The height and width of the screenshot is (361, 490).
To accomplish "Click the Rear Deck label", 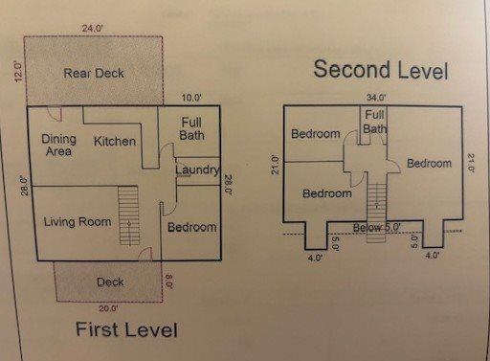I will click(94, 73).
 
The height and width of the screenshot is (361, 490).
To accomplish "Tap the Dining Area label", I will click(59, 146).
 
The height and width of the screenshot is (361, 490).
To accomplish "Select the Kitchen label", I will click(114, 142).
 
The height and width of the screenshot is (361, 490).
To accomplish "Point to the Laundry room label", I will click(197, 170).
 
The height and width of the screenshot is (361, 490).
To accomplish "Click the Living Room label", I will click(78, 222).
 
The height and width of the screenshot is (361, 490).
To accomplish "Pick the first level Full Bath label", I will click(191, 128).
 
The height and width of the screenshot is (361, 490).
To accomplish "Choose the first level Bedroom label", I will click(191, 228).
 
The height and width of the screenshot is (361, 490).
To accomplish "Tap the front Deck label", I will click(110, 282).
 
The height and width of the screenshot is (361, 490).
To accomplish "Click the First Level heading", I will click(126, 331).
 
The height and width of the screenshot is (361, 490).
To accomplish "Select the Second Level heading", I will click(381, 69).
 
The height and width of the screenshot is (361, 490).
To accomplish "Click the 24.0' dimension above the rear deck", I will click(93, 29).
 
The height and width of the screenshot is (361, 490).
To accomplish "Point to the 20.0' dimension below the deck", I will click(107, 308).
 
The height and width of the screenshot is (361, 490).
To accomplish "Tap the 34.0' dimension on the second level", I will click(375, 97).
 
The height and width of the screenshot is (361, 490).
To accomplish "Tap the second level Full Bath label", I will click(374, 122).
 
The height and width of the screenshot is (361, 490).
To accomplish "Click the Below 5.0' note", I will click(377, 227).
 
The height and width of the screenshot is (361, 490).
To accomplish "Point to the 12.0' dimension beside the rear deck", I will click(18, 74).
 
